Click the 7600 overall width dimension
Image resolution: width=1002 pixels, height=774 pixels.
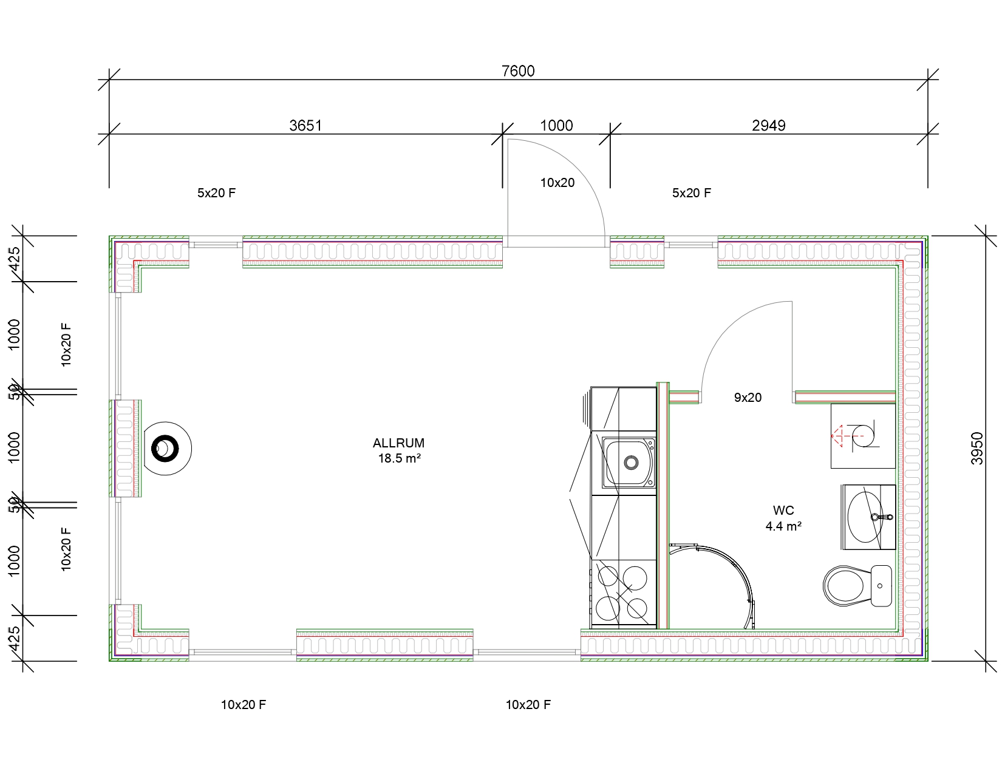[x=518, y=71]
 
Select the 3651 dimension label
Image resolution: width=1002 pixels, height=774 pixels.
[x=305, y=126]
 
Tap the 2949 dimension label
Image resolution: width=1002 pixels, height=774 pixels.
[x=768, y=126]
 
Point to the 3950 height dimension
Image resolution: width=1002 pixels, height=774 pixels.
[x=977, y=448]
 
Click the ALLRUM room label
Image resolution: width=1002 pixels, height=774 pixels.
[x=398, y=443]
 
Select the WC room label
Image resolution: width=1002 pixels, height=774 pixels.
[x=783, y=511]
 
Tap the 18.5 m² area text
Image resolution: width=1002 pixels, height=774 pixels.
[x=400, y=458]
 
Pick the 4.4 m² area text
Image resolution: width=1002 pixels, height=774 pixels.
[x=783, y=526]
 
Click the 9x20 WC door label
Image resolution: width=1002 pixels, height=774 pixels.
[x=748, y=398]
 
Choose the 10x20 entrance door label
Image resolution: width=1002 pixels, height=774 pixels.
[x=557, y=183]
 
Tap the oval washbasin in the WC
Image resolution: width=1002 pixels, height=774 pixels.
[x=865, y=517]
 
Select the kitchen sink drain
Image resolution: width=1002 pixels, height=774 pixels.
[x=631, y=461]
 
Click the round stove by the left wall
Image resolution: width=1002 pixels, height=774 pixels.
[x=166, y=449]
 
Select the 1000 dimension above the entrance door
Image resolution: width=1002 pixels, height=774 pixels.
[x=556, y=126]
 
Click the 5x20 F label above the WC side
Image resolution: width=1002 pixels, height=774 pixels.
[x=691, y=193]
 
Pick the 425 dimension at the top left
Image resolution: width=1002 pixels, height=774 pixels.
[x=15, y=259]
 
